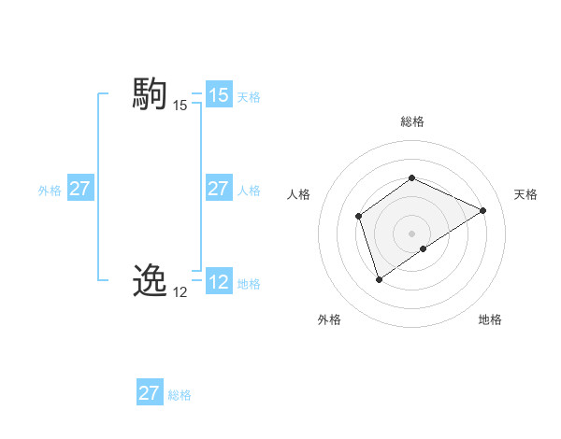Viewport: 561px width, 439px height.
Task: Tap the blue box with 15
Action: tap(219, 95)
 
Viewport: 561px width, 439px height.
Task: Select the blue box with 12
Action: tap(219, 282)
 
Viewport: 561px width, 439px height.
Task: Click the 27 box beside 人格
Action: tap(219, 189)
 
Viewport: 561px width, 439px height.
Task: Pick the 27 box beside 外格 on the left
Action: tap(80, 189)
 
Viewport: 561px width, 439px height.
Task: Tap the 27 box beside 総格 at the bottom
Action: tap(150, 393)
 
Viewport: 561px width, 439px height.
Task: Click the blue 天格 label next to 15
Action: tap(249, 96)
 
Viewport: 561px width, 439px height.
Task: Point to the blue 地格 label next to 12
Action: tap(249, 283)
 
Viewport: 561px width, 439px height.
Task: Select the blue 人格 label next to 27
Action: tap(249, 190)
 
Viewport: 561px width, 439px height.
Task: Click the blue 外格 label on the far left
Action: tap(50, 190)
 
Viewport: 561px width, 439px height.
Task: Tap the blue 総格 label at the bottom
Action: tap(180, 395)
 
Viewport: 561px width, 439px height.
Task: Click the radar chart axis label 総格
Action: tap(412, 121)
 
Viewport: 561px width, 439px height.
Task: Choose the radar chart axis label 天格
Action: tap(525, 194)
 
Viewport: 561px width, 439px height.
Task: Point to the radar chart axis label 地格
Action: tap(490, 319)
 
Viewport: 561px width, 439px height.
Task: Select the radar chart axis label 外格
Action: tap(329, 319)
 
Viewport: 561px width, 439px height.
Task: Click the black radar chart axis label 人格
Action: tap(298, 194)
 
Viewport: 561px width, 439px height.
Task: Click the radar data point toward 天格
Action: tap(483, 210)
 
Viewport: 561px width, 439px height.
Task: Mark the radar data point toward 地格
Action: tap(424, 248)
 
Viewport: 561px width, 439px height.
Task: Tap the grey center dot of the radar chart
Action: tap(411, 233)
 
